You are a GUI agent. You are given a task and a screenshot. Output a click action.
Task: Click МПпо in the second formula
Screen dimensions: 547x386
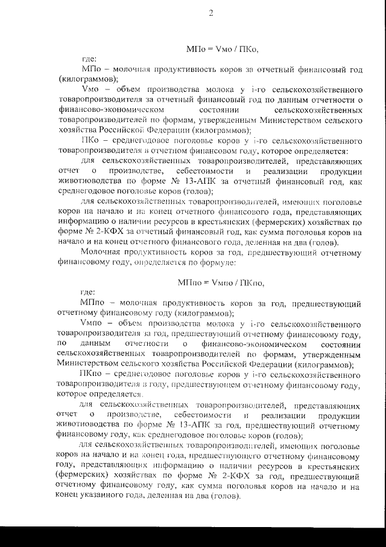(x=189, y=282)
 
